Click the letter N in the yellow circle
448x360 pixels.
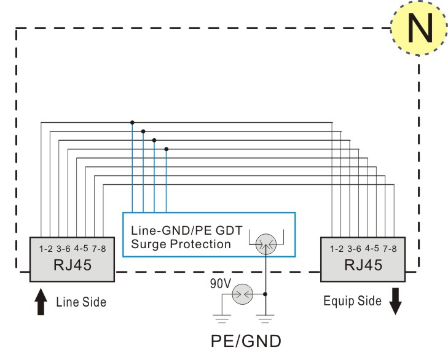coord(420,28)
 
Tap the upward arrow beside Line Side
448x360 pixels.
coord(41,302)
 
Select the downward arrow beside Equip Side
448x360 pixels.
coord(395,302)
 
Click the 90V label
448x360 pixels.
coord(220,284)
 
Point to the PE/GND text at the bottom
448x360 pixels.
coord(246,341)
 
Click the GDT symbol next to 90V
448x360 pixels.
coord(242,294)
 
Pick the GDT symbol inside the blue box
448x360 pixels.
coord(266,245)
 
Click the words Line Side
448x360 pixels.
coord(81,302)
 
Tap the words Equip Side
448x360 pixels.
coord(352,301)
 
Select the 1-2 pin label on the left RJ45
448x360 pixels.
coord(45,249)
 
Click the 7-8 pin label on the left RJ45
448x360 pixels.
coord(99,249)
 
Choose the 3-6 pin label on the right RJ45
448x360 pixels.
coord(355,249)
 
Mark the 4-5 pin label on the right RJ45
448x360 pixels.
coord(372,248)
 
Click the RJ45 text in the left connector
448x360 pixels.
coord(73,265)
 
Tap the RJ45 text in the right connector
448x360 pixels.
coord(363,265)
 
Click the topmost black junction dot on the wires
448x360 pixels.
coord(132,123)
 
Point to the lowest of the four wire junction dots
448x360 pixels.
coord(167,149)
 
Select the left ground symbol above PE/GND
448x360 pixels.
coord(222,319)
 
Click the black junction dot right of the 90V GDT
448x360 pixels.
coord(265,294)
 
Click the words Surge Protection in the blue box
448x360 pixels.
coord(181,245)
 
